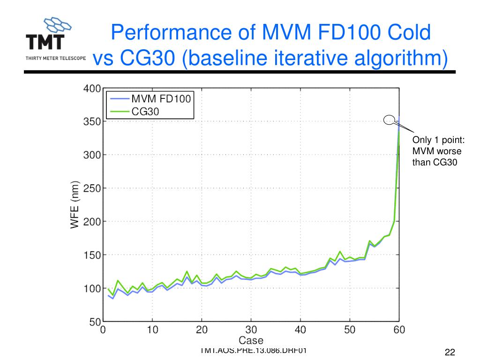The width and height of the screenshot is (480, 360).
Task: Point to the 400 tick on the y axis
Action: (x=92, y=88)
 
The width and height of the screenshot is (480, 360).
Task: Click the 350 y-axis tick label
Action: (x=92, y=121)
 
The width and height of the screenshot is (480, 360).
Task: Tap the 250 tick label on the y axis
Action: (x=92, y=188)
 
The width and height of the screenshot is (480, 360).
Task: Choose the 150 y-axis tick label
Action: (x=92, y=255)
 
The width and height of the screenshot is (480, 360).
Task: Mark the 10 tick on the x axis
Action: (x=152, y=330)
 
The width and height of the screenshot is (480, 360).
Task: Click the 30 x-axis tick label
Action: (x=251, y=330)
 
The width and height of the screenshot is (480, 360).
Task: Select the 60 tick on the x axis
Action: (x=399, y=330)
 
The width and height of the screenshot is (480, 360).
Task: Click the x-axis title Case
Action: (x=251, y=341)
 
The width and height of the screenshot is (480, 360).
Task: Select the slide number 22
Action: (x=450, y=353)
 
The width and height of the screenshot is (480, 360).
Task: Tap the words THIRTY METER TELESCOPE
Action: (x=55, y=59)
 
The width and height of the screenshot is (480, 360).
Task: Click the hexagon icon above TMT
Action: (x=56, y=23)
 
